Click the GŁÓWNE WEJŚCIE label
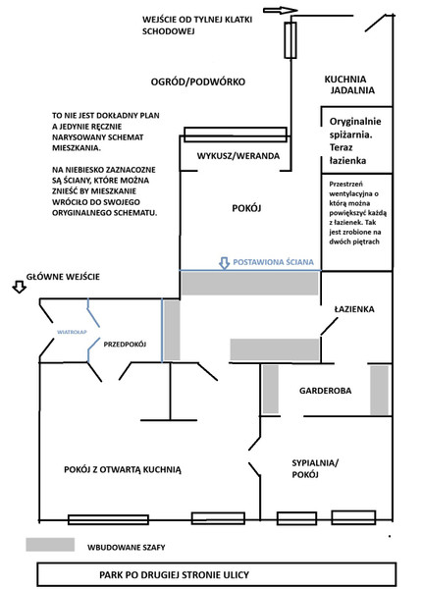[x=63, y=277]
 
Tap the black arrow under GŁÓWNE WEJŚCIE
[x=20, y=288]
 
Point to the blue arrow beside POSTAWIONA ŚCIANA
[x=224, y=263]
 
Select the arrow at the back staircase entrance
[x=281, y=11]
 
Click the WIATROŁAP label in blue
[x=72, y=332]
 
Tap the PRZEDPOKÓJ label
[x=125, y=345]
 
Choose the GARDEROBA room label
[x=325, y=391]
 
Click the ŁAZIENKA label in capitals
[x=354, y=309]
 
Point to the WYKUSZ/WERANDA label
[x=238, y=156]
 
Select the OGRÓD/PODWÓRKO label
[x=198, y=81]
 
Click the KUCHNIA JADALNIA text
[x=349, y=84]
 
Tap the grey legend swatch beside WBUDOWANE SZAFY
[x=50, y=545]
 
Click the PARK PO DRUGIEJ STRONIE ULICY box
[x=217, y=574]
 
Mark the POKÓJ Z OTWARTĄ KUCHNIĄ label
[x=123, y=469]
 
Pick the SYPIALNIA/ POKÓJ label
[x=315, y=468]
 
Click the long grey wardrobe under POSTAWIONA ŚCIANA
[x=249, y=284]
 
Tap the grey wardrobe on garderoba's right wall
[x=379, y=390]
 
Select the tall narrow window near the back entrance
[x=290, y=40]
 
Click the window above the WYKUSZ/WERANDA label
[x=236, y=134]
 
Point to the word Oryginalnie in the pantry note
[x=355, y=122]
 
